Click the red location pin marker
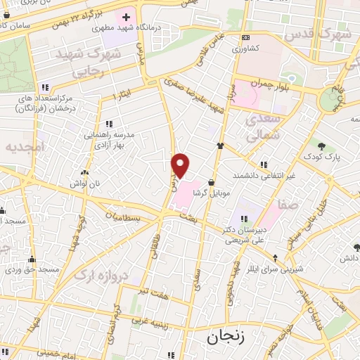[x=181, y=165]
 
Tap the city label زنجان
[x=223, y=337]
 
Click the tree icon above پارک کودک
[x=321, y=146]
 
